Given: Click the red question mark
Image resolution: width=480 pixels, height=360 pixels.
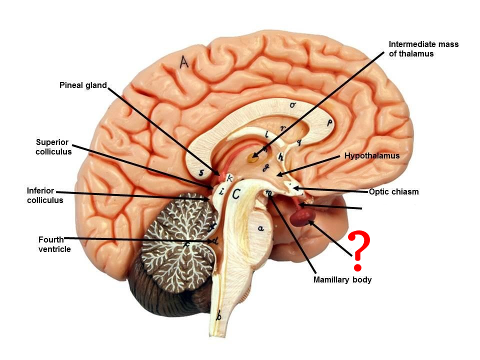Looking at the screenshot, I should click(x=359, y=246).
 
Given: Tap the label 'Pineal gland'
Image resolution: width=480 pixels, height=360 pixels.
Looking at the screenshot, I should click(x=83, y=85).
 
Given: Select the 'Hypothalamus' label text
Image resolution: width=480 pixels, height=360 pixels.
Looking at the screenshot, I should click(x=372, y=156).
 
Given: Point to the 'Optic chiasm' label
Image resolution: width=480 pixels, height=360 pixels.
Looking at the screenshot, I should click(x=393, y=191).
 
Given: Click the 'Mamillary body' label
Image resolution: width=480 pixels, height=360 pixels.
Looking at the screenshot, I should click(x=342, y=280).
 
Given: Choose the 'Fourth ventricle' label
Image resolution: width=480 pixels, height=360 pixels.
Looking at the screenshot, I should click(x=54, y=244).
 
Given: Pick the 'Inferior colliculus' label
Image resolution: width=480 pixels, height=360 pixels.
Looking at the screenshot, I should click(x=45, y=195).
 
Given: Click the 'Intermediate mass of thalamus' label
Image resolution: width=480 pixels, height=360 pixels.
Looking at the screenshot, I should click(x=423, y=49).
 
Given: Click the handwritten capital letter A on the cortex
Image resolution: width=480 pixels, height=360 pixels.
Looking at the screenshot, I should click(x=184, y=62).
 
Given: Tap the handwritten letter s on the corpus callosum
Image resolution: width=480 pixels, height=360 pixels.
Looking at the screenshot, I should click(x=201, y=173).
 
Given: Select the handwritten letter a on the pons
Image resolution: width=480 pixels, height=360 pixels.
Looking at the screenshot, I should click(x=260, y=228).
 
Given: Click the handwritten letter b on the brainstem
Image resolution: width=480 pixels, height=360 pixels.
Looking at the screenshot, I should click(x=218, y=316).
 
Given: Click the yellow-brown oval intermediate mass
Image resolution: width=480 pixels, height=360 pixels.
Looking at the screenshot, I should click(x=253, y=159).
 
